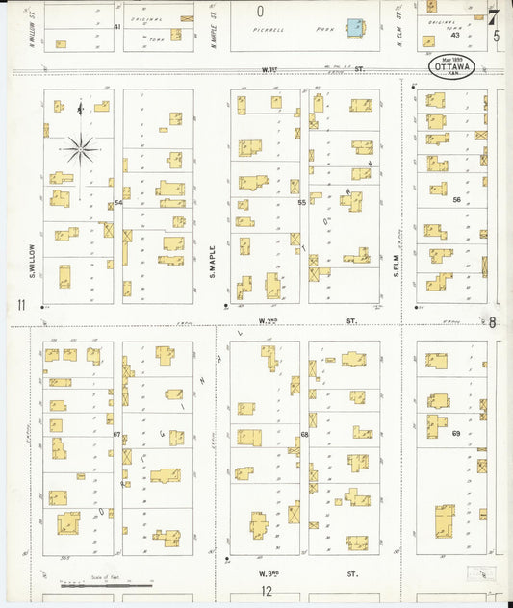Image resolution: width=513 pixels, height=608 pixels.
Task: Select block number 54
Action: (118, 203)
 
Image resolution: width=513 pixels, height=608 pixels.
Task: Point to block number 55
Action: (301, 203)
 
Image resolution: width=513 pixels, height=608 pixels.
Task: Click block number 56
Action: (457, 200)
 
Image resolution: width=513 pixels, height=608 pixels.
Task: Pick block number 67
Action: (116, 435)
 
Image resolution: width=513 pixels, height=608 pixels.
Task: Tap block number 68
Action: (304, 435)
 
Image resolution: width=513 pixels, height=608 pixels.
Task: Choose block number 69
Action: (456, 434)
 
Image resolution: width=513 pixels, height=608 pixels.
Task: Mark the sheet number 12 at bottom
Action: (266, 592)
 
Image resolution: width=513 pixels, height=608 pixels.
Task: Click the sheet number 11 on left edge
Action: (19, 306)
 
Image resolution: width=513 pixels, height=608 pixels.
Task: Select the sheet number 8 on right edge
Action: (492, 322)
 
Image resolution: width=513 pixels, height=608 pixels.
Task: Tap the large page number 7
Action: (493, 16)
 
